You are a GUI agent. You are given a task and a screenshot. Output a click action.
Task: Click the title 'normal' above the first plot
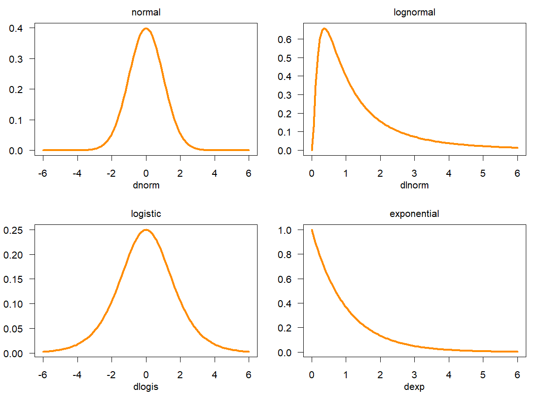pyautogui.click(x=146, y=13)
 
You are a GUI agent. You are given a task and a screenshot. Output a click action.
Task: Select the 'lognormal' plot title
pyautogui.click(x=414, y=13)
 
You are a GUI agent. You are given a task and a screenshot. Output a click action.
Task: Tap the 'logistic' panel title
pyautogui.click(x=146, y=214)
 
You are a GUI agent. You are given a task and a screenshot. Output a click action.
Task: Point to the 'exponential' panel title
pyautogui.click(x=414, y=214)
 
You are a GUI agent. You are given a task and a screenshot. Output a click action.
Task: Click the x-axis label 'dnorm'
pyautogui.click(x=146, y=186)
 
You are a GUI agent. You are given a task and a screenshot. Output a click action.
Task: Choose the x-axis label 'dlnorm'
pyautogui.click(x=414, y=186)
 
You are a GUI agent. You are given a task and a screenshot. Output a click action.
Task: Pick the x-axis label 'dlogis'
pyautogui.click(x=146, y=387)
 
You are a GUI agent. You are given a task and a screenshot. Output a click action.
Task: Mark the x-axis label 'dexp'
pyautogui.click(x=414, y=387)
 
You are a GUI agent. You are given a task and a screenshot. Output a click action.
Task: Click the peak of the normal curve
pyautogui.click(x=146, y=29)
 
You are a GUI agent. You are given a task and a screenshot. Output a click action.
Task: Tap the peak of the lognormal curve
pyautogui.click(x=325, y=29)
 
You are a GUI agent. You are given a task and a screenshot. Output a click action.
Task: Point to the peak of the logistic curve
pyautogui.click(x=146, y=230)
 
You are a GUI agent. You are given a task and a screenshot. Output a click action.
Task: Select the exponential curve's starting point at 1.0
pyautogui.click(x=312, y=230)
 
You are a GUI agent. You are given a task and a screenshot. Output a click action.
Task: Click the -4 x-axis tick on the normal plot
pyautogui.click(x=77, y=173)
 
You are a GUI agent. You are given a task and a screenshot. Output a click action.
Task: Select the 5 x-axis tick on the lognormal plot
pyautogui.click(x=483, y=173)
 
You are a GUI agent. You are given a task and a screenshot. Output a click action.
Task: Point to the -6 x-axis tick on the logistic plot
pyautogui.click(x=43, y=374)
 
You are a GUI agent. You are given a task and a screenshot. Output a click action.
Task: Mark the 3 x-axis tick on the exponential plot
pyautogui.click(x=414, y=374)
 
